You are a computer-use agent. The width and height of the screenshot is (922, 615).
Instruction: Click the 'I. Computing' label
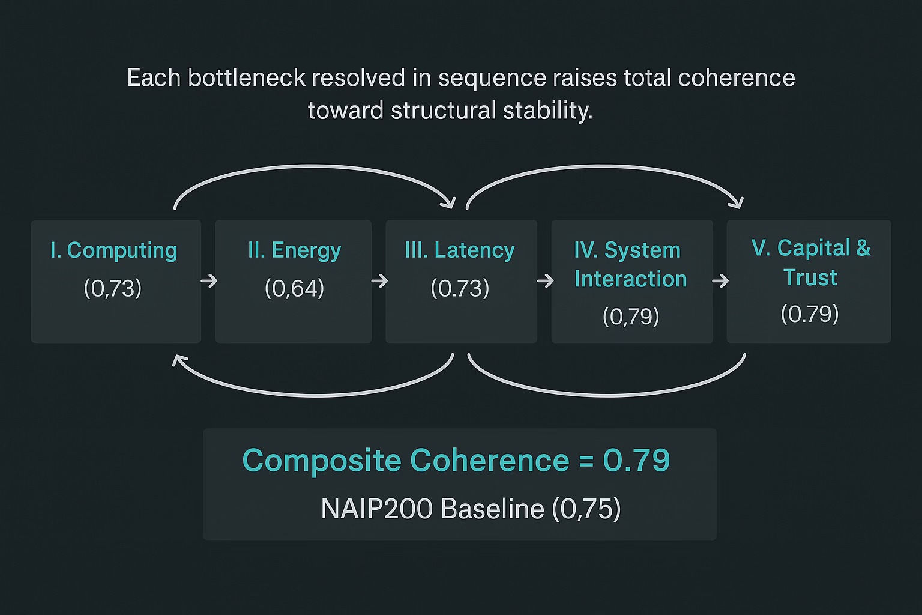[x=113, y=250]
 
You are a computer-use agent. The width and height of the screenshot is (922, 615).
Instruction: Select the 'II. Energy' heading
[x=294, y=250]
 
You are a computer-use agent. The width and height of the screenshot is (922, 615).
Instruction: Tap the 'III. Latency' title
[x=460, y=250]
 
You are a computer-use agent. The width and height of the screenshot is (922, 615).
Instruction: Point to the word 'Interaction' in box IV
[x=630, y=279]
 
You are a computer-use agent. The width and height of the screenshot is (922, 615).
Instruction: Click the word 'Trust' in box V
[x=810, y=278]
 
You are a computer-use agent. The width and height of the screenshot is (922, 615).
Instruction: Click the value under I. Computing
[x=113, y=289]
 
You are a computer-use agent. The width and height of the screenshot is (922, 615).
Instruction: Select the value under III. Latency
[x=460, y=289]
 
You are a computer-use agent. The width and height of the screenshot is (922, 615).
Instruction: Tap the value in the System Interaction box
[x=631, y=317]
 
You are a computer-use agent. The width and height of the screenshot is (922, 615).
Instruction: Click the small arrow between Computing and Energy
[x=209, y=280]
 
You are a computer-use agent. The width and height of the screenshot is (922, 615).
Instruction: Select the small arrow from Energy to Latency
[x=379, y=280]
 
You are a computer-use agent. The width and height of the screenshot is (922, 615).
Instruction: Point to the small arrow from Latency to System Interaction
[x=545, y=280]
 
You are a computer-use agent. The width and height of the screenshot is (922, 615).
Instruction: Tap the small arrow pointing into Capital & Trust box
[x=720, y=280]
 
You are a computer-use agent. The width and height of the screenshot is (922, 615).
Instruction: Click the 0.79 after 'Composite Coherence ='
[x=636, y=460]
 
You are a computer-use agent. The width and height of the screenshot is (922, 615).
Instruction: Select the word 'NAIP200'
[x=376, y=509]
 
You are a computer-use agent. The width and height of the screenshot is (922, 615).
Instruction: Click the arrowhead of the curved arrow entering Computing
[x=176, y=360]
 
